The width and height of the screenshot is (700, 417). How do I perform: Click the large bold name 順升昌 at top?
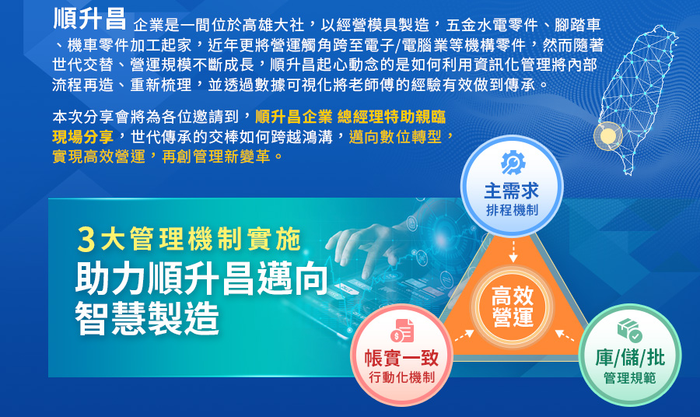(x=89, y=19)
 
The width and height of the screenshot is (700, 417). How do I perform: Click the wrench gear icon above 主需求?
(x=513, y=163)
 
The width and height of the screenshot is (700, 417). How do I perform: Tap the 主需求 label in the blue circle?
(x=512, y=191)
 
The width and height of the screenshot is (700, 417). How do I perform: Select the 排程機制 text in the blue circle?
(x=512, y=210)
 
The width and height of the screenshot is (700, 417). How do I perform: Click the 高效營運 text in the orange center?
(x=513, y=307)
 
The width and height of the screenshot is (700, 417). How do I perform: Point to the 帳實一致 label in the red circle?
(x=401, y=358)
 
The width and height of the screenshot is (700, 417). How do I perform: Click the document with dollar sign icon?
(x=402, y=331)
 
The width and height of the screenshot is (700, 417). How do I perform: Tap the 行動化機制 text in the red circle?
(x=401, y=377)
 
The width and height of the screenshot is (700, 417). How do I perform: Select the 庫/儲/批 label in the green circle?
(x=630, y=358)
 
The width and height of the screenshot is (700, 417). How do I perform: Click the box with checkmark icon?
(x=629, y=331)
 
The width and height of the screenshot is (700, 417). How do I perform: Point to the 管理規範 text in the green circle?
(x=630, y=377)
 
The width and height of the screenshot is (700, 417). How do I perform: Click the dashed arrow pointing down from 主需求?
(x=513, y=252)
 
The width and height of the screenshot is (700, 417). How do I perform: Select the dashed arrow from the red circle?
(x=464, y=336)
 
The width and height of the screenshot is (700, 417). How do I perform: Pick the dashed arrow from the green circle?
(x=565, y=336)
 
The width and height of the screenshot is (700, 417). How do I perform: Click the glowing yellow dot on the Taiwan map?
(x=607, y=135)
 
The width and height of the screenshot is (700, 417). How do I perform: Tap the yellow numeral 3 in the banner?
(x=86, y=240)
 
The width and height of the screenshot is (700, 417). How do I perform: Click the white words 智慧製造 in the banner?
(x=147, y=318)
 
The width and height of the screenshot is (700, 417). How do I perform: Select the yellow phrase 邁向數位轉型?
(x=395, y=137)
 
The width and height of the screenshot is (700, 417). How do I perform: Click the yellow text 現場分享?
(x=83, y=137)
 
